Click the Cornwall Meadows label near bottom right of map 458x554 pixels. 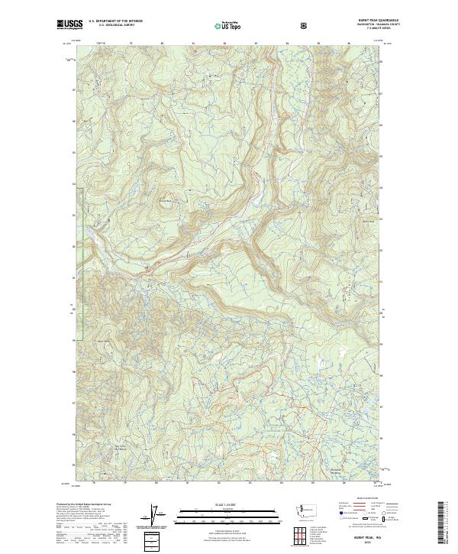[x=347, y=449]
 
